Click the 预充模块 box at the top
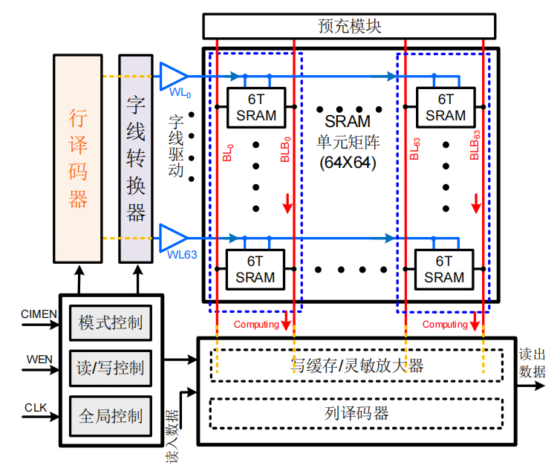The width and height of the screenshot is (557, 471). click(349, 27)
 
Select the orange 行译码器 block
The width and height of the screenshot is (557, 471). click(78, 158)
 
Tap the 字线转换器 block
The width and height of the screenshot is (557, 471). click(135, 158)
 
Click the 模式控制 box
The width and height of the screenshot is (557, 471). click(111, 323)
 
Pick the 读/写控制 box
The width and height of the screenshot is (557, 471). click(111, 368)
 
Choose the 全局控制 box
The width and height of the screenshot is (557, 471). click(111, 415)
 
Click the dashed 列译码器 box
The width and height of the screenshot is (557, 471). click(356, 413)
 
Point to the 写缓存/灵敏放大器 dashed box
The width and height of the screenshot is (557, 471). click(356, 365)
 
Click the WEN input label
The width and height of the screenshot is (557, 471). click(40, 359)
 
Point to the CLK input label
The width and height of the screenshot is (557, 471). click(36, 407)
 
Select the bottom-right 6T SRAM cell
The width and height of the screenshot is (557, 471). click(443, 269)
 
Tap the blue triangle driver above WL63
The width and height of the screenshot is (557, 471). click(173, 238)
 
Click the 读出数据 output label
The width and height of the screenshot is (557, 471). click(532, 363)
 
